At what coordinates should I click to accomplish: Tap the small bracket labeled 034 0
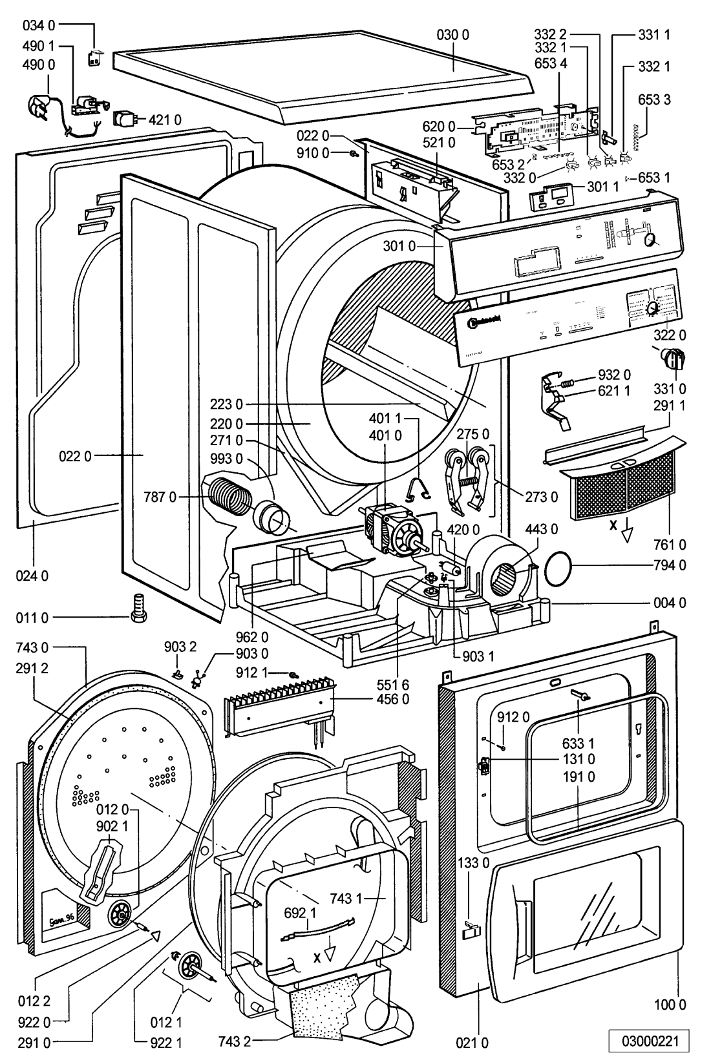[x=94, y=58]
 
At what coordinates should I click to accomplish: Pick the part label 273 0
[x=541, y=497]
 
